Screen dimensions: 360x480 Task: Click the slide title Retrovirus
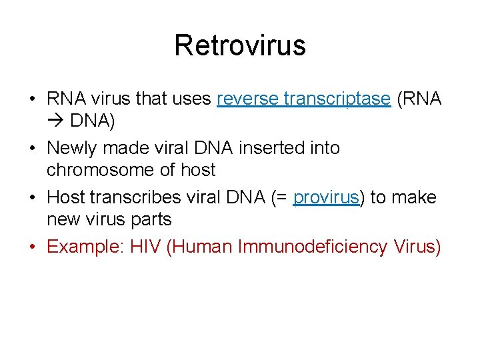point(240,45)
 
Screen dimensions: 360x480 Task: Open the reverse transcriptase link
point(303,99)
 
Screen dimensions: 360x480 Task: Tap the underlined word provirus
point(326,197)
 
